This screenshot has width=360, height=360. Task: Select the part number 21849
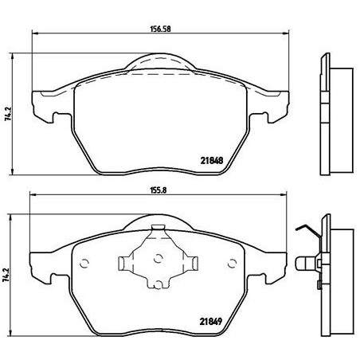[209, 323]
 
